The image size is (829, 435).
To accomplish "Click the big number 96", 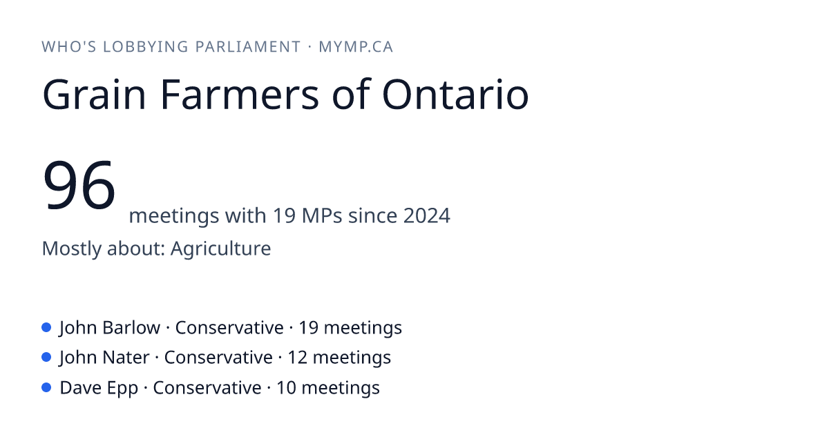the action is [79, 184].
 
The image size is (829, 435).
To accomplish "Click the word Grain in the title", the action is [94, 95].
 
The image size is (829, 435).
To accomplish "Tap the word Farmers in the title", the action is [240, 94].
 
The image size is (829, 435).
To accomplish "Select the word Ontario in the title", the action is [455, 94].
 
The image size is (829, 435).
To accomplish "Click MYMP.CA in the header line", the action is [356, 47].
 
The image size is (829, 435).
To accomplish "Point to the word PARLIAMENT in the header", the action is [247, 47].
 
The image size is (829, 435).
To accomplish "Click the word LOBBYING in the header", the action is [146, 47].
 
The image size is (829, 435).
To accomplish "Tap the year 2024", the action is [427, 215].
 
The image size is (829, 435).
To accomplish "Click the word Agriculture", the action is [220, 248].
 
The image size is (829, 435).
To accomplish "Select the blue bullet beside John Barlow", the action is [46, 327].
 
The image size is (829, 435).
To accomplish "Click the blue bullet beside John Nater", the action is [46, 358].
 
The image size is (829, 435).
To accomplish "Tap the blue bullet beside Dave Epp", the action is [46, 387].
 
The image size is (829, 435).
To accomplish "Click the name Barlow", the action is [131, 328].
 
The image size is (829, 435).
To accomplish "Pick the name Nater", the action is [126, 358].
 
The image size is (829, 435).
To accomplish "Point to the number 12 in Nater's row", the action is [297, 358].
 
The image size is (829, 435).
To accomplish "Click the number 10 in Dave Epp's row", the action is [286, 387].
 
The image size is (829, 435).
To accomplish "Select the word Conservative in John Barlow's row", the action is [229, 328].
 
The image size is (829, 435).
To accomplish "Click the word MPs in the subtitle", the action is [322, 215].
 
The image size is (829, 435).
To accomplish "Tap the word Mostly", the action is [71, 249].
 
